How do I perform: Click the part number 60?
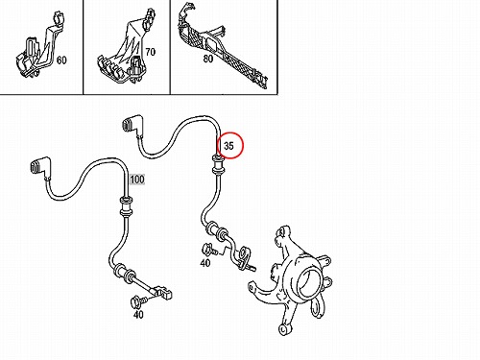coord(61,60)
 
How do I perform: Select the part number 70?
coord(150,52)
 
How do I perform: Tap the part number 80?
coord(208,59)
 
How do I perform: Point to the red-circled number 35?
coord(228,146)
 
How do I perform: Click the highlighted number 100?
coord(137,180)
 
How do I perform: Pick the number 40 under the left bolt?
coord(138,315)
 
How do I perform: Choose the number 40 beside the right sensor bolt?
coord(205,263)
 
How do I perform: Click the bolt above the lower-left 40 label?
coord(138,300)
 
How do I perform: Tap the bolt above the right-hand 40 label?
coord(209,249)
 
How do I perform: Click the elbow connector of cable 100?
coord(40,166)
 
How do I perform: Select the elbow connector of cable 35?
coord(132,125)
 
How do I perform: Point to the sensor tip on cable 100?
coord(163,293)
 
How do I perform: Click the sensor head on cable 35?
coord(246,257)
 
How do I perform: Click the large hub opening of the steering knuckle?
coord(308,282)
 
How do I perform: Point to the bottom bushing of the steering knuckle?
coord(284,328)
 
